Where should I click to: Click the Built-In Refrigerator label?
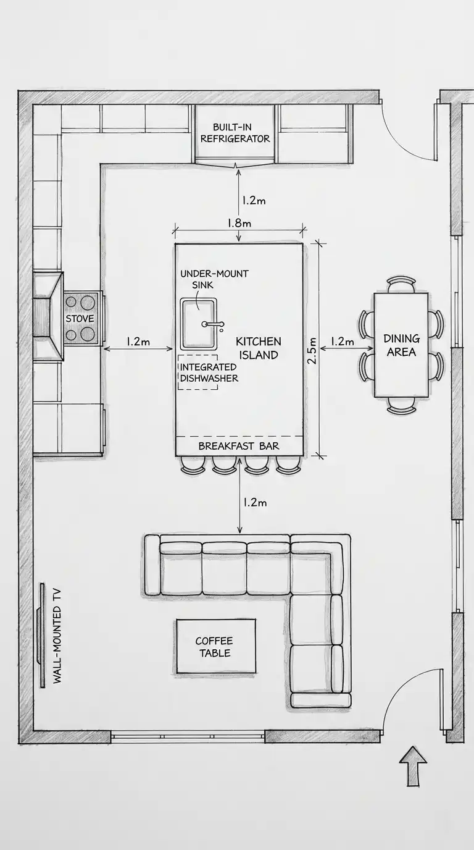[x=235, y=133]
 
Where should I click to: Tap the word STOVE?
[x=80, y=318]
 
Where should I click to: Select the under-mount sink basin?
[x=198, y=324]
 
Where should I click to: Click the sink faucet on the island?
[x=213, y=324]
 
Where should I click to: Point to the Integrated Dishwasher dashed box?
[x=198, y=372]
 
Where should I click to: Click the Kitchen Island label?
[x=258, y=348]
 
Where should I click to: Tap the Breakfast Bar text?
[x=239, y=446]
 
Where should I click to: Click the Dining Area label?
[x=402, y=345]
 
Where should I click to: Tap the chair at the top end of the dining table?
[x=402, y=285]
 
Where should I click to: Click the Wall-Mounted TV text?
[x=57, y=636]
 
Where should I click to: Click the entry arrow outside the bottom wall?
[x=413, y=766]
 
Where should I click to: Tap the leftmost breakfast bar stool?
[x=193, y=465]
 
